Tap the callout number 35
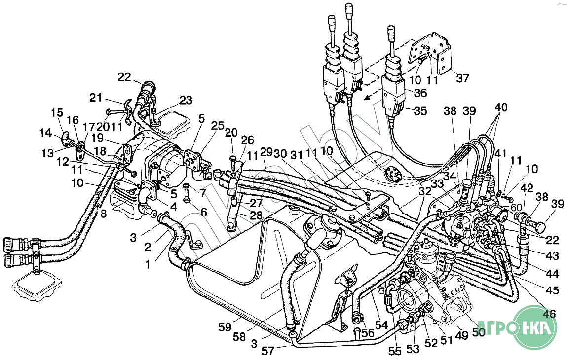(x=420, y=110)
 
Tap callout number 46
(x=548, y=314)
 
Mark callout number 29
(x=265, y=151)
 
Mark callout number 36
(x=420, y=93)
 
